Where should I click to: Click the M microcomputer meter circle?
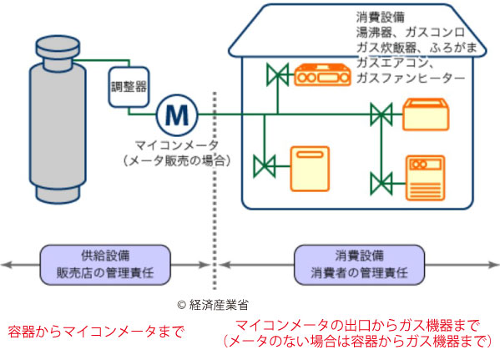(177, 115)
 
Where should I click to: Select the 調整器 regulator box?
(129, 87)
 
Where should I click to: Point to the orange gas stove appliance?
(322, 74)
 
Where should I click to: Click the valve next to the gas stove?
(278, 75)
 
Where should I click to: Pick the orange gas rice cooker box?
(426, 114)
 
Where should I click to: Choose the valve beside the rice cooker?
(381, 114)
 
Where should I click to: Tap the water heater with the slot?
(310, 169)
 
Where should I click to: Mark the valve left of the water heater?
(265, 166)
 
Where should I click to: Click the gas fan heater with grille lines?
(426, 178)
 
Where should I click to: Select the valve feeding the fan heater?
(381, 184)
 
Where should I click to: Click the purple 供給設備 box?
(105, 265)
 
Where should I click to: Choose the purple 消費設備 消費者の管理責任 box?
(359, 265)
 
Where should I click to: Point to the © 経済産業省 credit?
(213, 305)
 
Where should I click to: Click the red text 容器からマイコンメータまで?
(96, 332)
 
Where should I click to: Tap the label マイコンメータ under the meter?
(177, 145)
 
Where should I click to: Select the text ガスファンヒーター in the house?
(411, 78)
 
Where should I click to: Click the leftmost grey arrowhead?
(7, 265)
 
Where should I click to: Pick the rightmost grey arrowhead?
(493, 265)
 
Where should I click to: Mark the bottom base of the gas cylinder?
(58, 195)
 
